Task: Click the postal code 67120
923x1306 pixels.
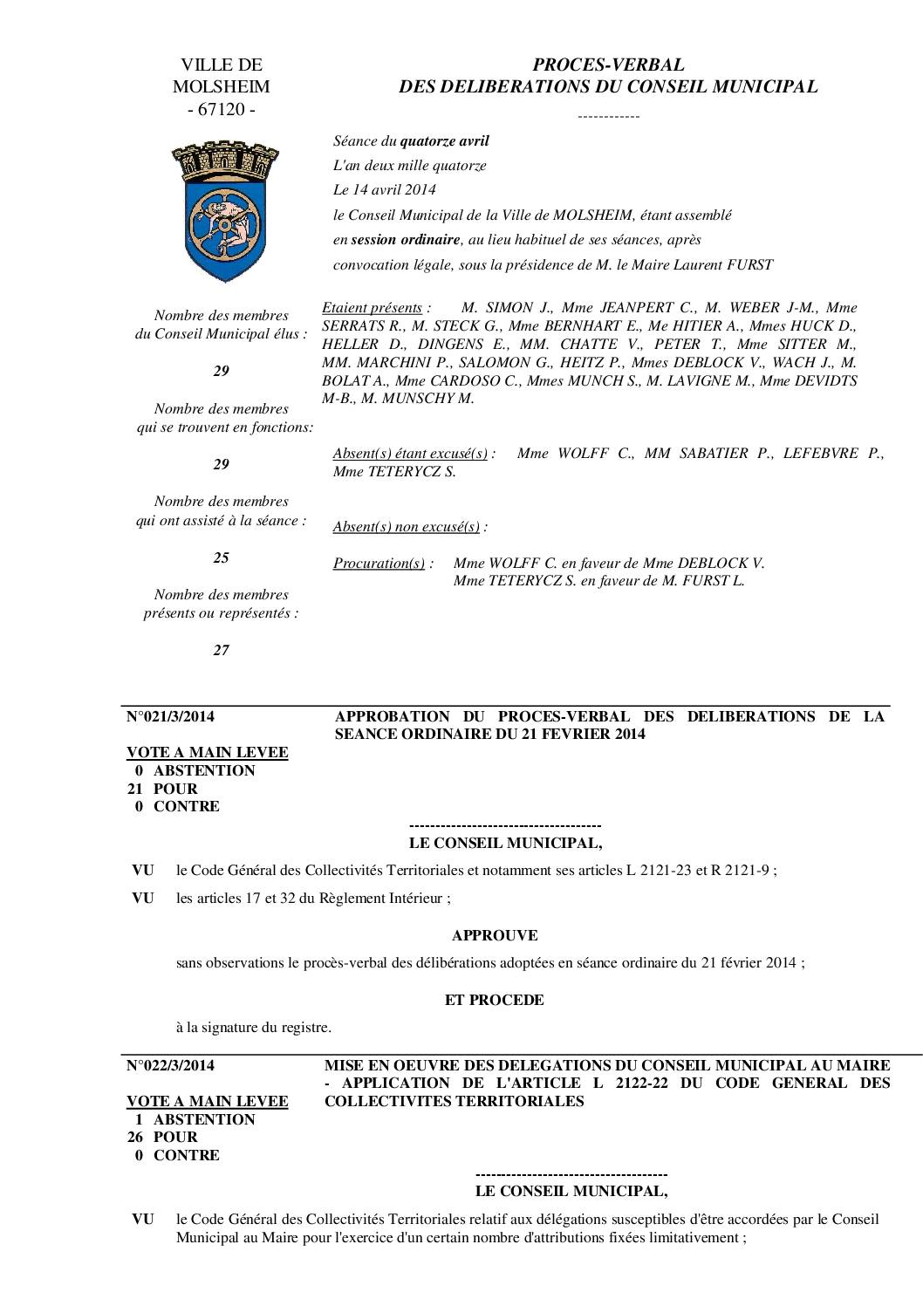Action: (x=222, y=110)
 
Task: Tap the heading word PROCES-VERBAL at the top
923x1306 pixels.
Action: (x=608, y=65)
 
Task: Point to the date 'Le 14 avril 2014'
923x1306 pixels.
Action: (x=385, y=190)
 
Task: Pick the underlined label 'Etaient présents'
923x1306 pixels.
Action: (x=372, y=308)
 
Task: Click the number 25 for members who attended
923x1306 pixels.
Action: (x=221, y=557)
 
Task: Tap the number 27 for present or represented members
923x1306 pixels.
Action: (x=221, y=650)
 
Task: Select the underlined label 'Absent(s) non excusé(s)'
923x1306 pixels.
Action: (x=407, y=527)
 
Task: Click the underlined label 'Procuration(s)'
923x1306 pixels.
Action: (x=379, y=564)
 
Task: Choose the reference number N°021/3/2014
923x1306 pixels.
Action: (x=170, y=717)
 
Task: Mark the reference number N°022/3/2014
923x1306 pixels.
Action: (x=170, y=1065)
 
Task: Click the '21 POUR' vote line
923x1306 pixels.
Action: (x=163, y=789)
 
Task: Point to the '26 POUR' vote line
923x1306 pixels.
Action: (x=163, y=1138)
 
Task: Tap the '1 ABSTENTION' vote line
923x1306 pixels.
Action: (x=195, y=1119)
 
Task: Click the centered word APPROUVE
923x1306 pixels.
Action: (x=495, y=935)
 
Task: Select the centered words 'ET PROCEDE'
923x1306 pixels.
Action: (x=495, y=1000)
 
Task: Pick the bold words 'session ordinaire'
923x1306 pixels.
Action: (x=417, y=240)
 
